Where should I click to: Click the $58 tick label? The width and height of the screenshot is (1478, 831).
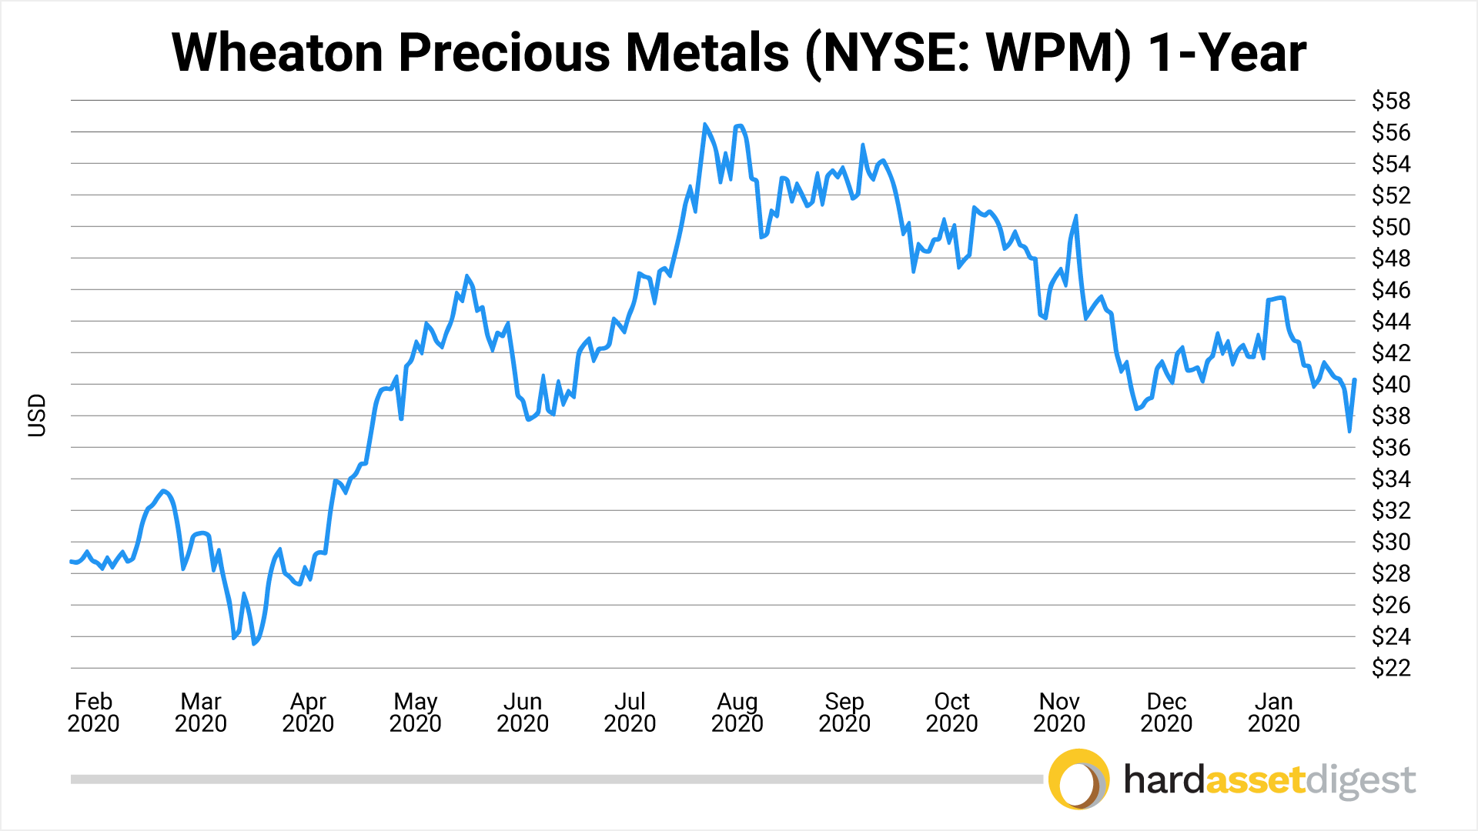(1390, 101)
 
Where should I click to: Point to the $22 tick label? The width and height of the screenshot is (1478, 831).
(1390, 668)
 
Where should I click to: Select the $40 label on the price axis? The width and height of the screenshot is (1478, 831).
(1390, 384)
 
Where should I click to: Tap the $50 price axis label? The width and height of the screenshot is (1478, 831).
(1390, 227)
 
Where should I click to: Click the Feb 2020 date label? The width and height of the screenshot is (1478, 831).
(93, 713)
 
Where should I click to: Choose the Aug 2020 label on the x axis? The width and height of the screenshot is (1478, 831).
(737, 713)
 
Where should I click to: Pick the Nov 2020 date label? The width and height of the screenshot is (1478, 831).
(1058, 713)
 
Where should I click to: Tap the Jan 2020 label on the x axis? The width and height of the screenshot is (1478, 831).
(1273, 713)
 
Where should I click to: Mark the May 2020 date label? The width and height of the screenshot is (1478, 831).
(415, 713)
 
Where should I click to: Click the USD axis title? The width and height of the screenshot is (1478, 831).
(37, 415)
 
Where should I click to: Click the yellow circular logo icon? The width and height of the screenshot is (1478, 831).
(1078, 779)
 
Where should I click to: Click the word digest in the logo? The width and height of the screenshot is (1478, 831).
(1361, 781)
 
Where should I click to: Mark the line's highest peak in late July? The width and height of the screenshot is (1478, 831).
(704, 125)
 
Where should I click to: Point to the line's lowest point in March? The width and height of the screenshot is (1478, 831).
(254, 643)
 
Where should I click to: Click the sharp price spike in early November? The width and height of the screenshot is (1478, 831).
(1075, 216)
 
